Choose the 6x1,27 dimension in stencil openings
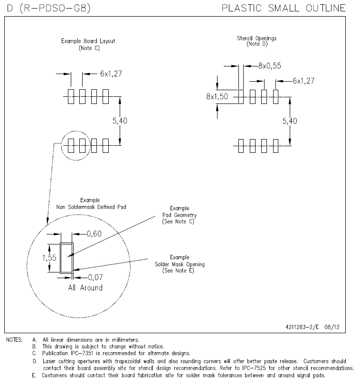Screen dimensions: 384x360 (x=303, y=81)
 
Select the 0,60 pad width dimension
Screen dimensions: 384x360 (x=94, y=234)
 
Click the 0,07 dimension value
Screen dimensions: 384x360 (x=92, y=277)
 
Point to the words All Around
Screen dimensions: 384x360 (x=85, y=288)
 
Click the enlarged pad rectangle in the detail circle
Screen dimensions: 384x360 (x=66, y=257)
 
